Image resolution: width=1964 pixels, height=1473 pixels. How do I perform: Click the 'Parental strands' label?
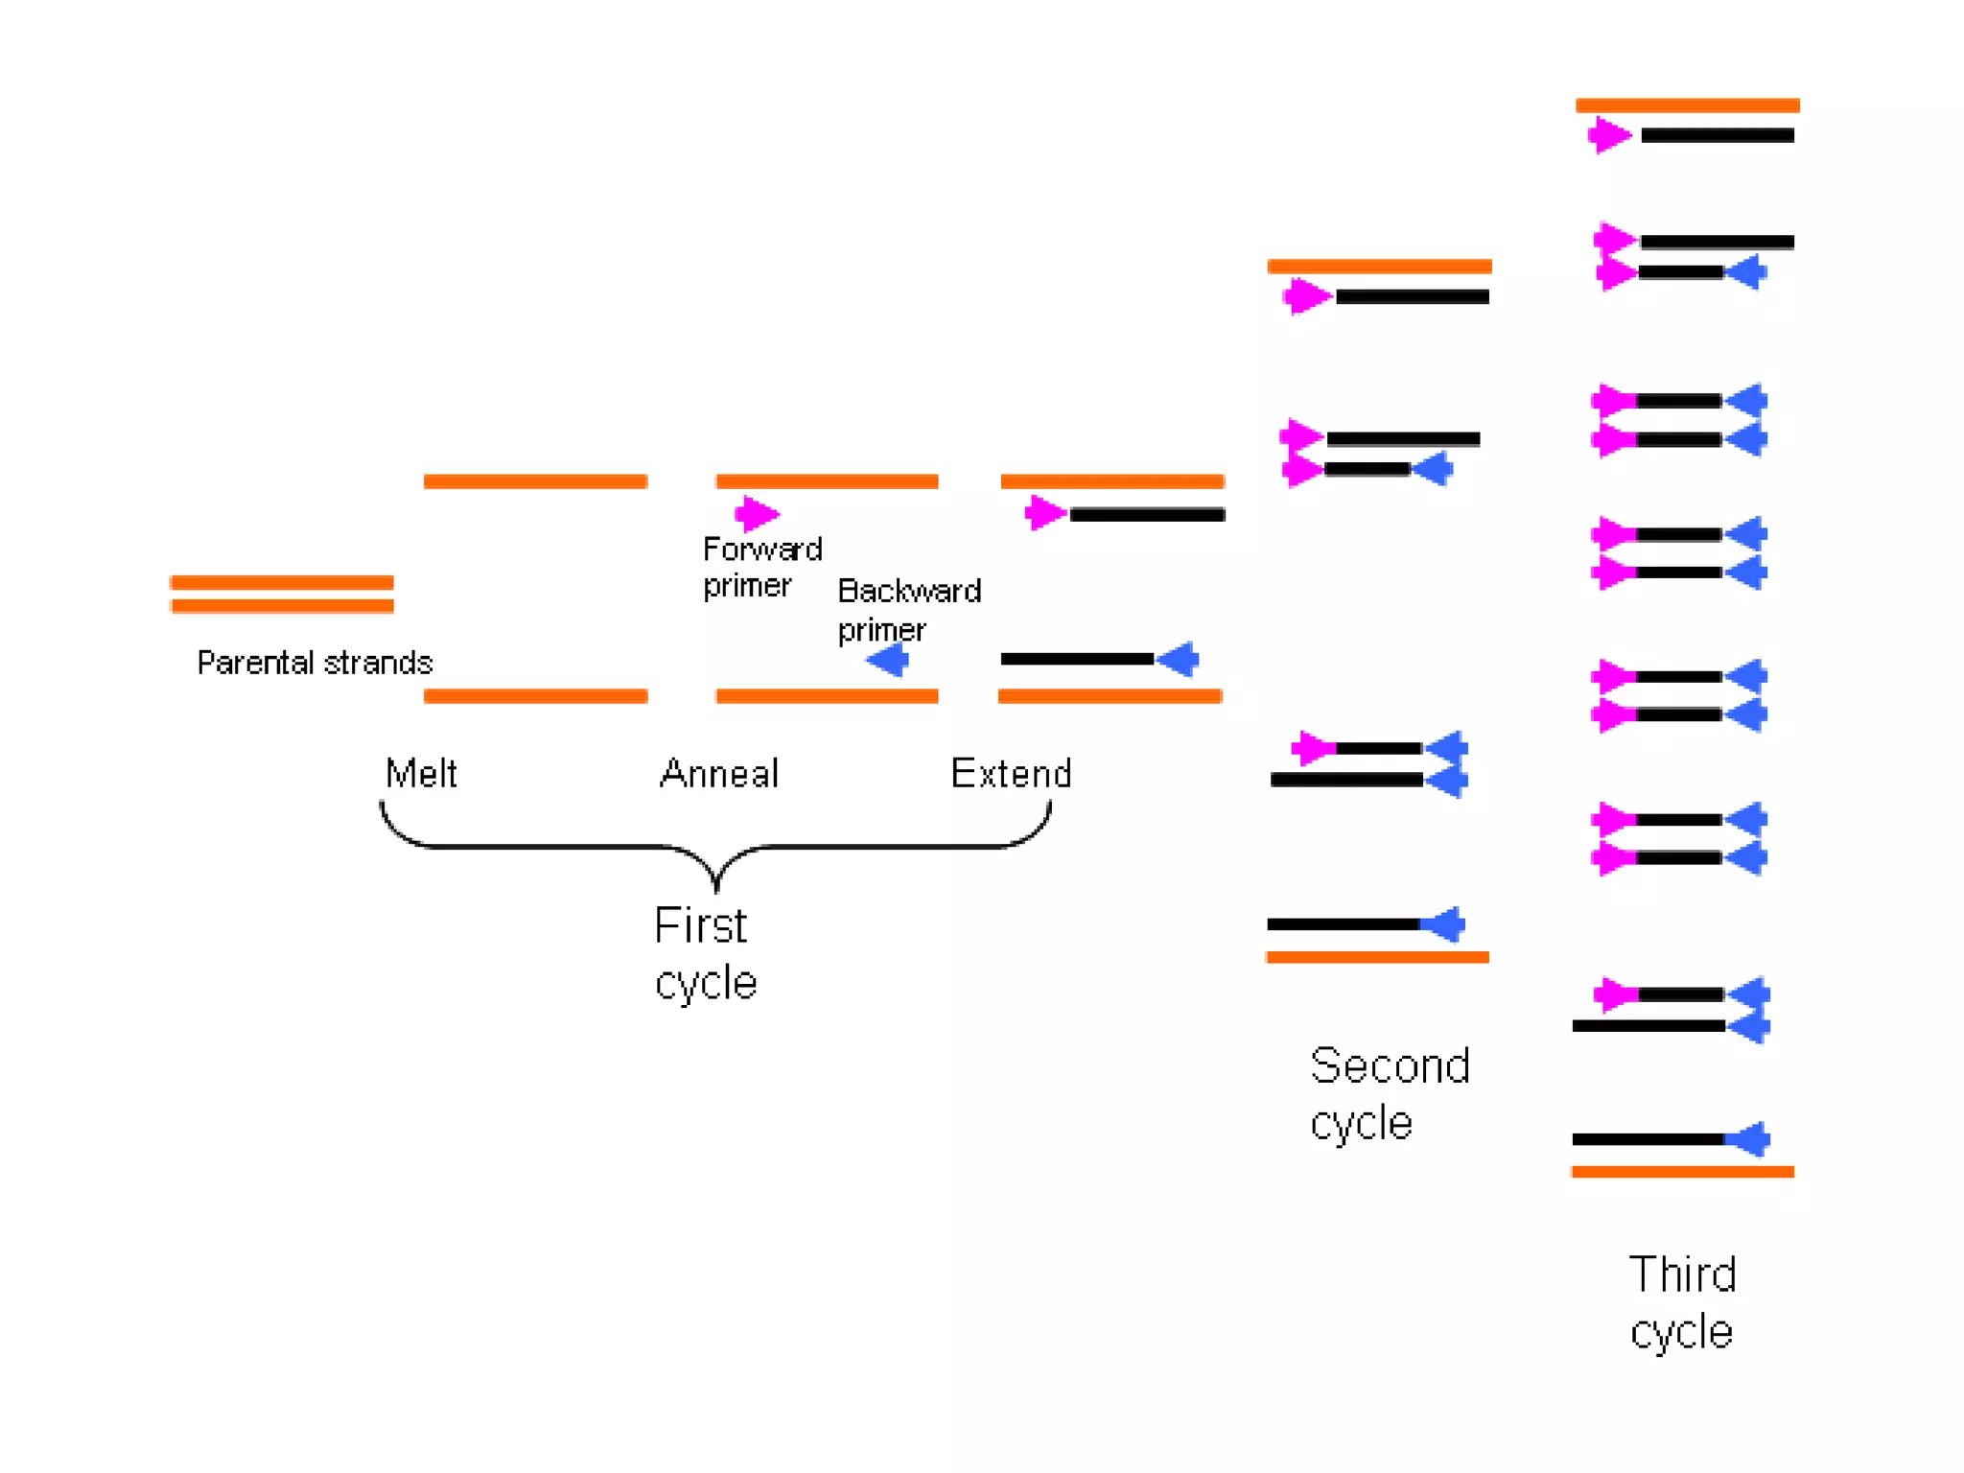click(315, 663)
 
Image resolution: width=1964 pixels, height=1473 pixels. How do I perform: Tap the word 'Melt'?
click(421, 773)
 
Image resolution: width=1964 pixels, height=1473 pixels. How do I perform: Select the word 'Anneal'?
click(719, 773)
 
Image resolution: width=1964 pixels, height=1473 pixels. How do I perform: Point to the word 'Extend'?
click(1011, 773)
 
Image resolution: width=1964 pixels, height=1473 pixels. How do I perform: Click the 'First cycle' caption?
click(705, 953)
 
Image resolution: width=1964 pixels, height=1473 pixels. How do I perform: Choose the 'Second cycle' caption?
click(1389, 1093)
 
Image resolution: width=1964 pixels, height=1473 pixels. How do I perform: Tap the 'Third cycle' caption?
click(1682, 1302)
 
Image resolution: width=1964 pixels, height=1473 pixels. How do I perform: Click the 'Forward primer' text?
click(761, 567)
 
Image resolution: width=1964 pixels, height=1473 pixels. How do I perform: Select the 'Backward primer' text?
click(907, 610)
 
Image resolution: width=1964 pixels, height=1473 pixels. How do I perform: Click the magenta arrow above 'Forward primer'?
click(757, 514)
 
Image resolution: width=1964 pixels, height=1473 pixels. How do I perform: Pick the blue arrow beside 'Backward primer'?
click(888, 660)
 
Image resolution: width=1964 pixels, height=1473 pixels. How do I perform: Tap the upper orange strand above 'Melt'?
click(535, 481)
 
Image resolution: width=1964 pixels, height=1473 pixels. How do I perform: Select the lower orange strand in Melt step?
click(535, 696)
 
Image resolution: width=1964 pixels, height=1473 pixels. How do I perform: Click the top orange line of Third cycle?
click(1687, 105)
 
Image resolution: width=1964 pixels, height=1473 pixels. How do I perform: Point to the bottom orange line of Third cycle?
click(1682, 1172)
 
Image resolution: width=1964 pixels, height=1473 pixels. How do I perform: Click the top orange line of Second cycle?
click(1379, 267)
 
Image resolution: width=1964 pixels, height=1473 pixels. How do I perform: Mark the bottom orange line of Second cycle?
click(1377, 957)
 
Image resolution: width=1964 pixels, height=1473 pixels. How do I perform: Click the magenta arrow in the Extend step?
click(1045, 513)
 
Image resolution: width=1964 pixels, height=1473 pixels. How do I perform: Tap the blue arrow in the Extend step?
click(1178, 659)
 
